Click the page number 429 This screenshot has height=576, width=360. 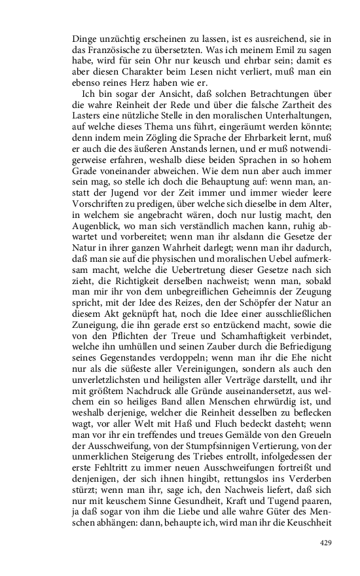[x=327, y=543]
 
